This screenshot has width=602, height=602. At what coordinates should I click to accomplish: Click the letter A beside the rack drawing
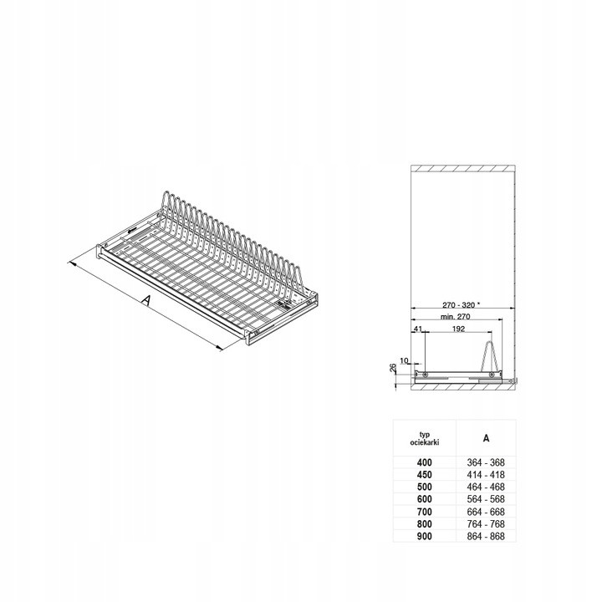[x=145, y=300]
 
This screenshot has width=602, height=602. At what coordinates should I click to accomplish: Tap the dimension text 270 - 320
[x=458, y=305]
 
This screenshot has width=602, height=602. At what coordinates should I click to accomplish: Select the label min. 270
[x=456, y=317]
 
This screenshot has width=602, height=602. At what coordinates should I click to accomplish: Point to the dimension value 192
[x=458, y=329]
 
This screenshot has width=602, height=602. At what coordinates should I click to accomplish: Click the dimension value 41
[x=418, y=329]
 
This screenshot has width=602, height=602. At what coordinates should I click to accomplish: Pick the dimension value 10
[x=405, y=360]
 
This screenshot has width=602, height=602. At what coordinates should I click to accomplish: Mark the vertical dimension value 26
[x=392, y=368]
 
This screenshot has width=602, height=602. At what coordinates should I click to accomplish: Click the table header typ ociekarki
[x=424, y=438]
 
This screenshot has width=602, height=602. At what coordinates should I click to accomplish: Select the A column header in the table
[x=486, y=438]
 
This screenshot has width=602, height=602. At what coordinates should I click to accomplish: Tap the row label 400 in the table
[x=424, y=462]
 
